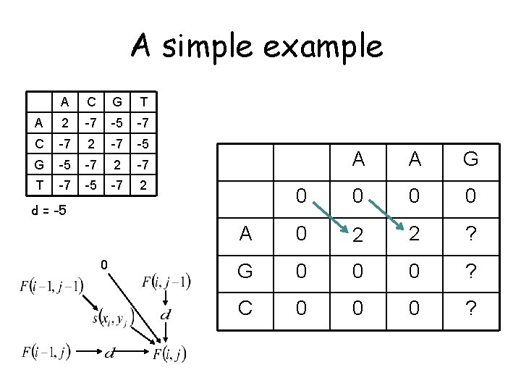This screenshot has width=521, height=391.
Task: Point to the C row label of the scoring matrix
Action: [38, 142]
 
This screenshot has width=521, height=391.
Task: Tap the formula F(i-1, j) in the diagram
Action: [47, 353]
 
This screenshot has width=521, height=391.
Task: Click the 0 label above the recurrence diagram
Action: [104, 265]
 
